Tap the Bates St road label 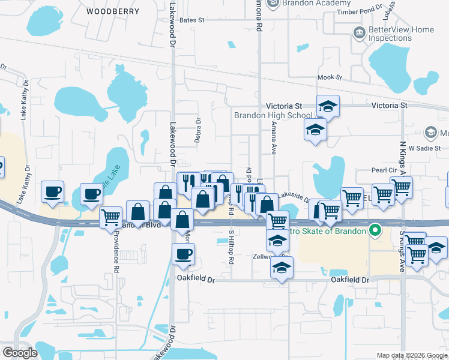click(x=192, y=20)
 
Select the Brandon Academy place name click(x=300, y=3)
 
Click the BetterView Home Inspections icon click(x=359, y=32)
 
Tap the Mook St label click(x=329, y=77)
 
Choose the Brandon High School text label click(x=273, y=115)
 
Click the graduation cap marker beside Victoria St click(x=328, y=106)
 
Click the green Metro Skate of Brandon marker click(x=376, y=230)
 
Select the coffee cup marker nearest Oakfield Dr click(x=183, y=253)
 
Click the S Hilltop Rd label click(x=231, y=247)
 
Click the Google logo click(x=20, y=353)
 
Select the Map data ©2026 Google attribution click(x=411, y=355)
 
